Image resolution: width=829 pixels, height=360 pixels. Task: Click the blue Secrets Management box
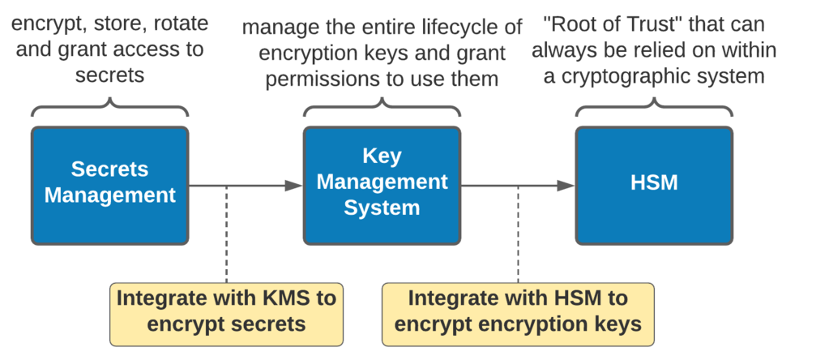109,185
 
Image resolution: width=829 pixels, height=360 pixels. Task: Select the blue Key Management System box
382,185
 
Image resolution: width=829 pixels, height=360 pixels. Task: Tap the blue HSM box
654,185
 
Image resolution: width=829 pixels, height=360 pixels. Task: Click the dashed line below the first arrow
227,235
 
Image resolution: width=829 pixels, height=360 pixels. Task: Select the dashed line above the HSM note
519,235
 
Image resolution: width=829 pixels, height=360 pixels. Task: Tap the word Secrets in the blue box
109,169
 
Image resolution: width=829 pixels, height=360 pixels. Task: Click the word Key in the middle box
382,155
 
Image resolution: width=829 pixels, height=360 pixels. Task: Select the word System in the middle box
382,208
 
